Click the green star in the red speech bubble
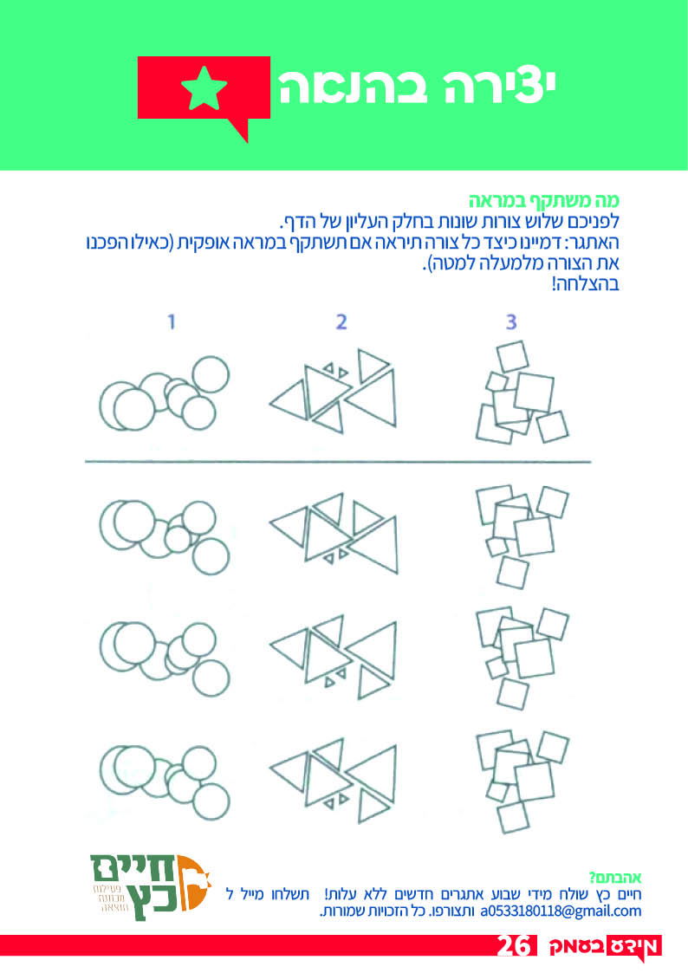[x=204, y=88]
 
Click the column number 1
[x=172, y=321]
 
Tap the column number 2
[x=341, y=321]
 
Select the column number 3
[x=510, y=321]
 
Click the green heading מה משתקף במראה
[x=543, y=201]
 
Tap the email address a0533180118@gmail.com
[x=561, y=911]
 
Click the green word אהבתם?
[x=615, y=878]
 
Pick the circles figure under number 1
[x=165, y=392]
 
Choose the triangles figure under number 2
[x=333, y=391]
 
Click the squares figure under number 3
[x=522, y=392]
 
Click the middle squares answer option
[x=522, y=658]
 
